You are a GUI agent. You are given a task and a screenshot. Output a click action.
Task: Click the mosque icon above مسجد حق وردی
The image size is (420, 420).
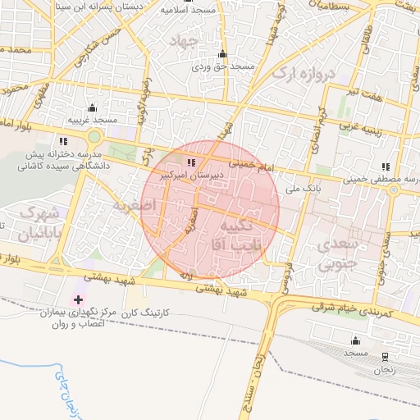221,54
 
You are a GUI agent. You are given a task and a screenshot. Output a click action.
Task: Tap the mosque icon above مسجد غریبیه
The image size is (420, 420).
92,108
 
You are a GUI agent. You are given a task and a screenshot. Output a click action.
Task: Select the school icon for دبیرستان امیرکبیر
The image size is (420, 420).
193,163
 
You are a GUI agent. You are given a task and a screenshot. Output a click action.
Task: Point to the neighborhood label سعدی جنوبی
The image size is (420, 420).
338,253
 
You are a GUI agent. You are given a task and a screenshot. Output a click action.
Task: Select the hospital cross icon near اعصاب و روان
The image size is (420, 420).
79,300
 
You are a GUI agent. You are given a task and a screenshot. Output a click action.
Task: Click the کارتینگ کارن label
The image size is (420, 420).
145,314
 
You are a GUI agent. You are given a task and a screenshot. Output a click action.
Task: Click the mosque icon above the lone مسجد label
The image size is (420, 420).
355,340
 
